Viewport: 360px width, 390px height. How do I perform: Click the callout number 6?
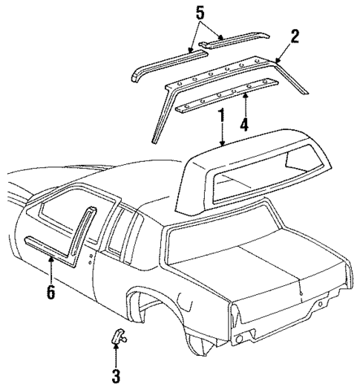point(50,293)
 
